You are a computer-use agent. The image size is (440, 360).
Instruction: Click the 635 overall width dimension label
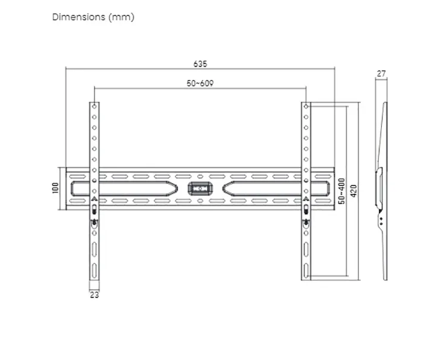pos(200,64)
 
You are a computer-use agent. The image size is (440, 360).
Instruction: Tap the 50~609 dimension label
pos(200,83)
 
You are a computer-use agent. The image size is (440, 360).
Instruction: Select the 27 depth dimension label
pos(381,74)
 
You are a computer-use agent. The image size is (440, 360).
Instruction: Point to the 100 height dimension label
pos(55,188)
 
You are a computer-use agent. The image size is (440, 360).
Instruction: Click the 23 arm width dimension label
pos(94,295)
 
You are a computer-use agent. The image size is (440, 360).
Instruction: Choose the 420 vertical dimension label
pos(354,191)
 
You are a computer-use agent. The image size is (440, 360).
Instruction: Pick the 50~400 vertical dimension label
pos(342,191)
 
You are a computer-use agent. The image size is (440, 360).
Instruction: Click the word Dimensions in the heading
pos(79,17)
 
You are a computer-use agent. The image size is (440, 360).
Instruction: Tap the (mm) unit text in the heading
pos(121,17)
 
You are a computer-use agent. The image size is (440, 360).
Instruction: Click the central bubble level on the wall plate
pos(200,188)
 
